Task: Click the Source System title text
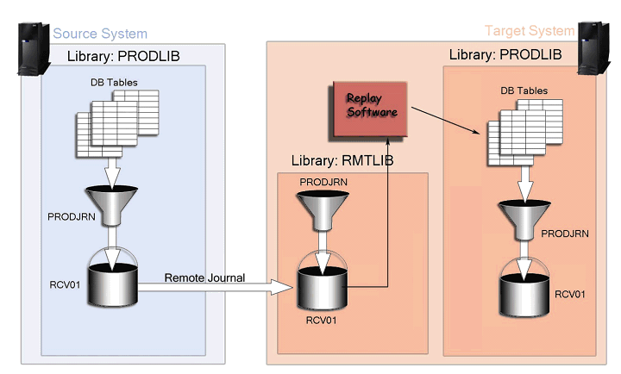coord(100,34)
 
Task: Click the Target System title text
coord(529,31)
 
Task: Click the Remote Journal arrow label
coord(204,277)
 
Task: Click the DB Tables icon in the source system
coord(117,126)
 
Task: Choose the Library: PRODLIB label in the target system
coord(505,54)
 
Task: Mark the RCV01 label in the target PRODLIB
coord(570,294)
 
